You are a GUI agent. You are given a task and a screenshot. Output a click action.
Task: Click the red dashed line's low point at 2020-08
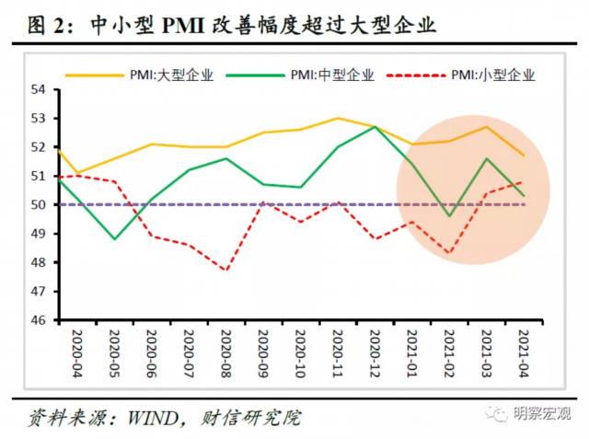(225, 271)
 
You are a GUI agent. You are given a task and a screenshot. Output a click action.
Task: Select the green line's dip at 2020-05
(113, 239)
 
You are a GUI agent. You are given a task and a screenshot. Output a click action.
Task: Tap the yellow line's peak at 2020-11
(337, 118)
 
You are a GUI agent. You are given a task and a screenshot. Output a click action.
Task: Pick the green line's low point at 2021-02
(449, 216)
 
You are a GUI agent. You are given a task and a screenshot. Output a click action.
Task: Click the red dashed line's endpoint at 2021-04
(524, 181)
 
